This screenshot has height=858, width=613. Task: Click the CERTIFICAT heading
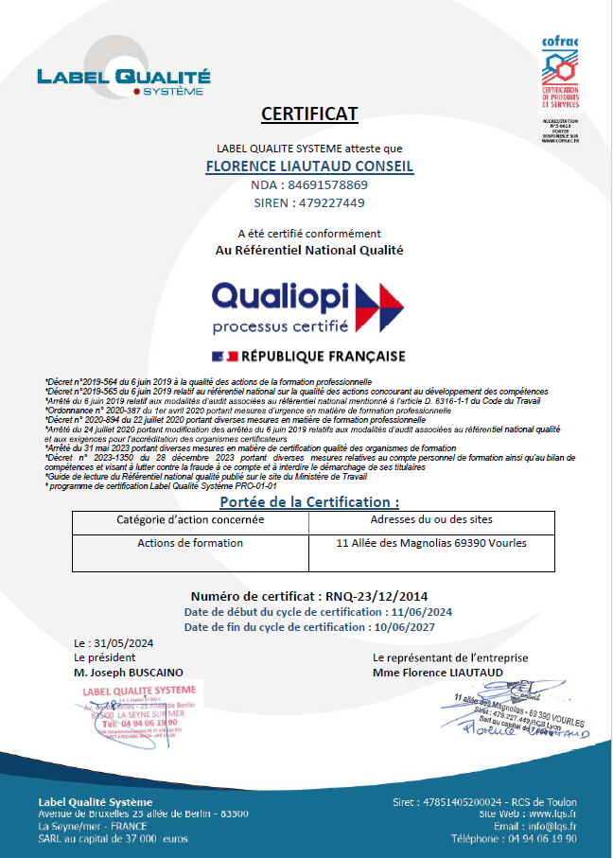point(309,114)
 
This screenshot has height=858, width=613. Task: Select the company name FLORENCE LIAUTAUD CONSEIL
point(309,166)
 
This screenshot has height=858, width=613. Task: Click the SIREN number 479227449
point(330,202)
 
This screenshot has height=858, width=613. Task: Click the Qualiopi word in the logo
point(281,296)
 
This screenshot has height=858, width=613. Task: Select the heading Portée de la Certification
point(309,501)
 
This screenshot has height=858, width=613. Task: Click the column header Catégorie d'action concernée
point(190,520)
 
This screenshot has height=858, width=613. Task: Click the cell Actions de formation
point(190,543)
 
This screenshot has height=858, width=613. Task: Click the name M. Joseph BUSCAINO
point(129,672)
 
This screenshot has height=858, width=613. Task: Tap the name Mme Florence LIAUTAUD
point(438,673)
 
